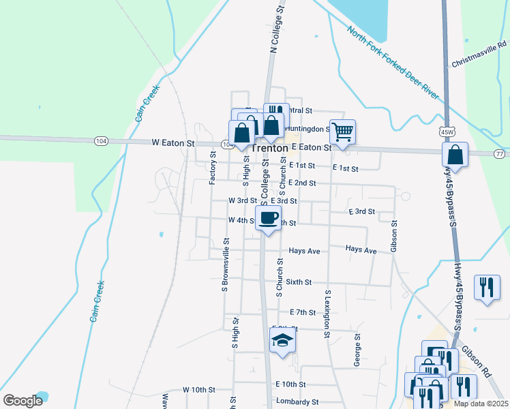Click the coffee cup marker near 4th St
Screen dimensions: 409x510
268,218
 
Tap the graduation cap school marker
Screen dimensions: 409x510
282,340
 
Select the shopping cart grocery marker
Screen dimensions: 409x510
342,131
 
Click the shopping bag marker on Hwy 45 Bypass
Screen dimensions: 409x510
455,154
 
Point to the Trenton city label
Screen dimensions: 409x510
269,148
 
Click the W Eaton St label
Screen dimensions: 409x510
172,143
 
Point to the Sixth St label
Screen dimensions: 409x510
299,282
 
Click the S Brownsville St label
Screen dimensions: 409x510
224,266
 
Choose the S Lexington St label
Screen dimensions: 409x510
327,314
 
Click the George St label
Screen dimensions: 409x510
357,350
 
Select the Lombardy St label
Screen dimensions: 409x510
297,402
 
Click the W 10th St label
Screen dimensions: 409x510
199,389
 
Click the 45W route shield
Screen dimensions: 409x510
447,131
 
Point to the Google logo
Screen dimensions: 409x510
22,401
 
